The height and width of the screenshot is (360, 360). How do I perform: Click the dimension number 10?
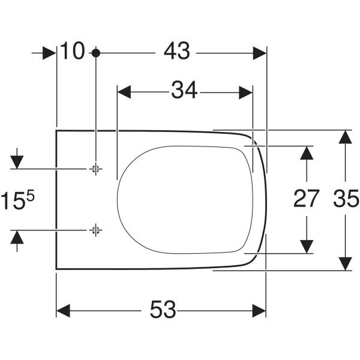pyautogui.click(x=73, y=51)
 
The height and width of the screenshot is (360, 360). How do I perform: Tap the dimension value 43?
pyautogui.click(x=177, y=51)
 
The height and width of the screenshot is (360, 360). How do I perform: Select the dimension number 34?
pyautogui.click(x=184, y=90)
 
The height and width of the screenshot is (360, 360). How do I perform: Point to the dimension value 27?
pyautogui.click(x=306, y=198)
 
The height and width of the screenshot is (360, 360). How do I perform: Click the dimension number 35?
pyautogui.click(x=346, y=198)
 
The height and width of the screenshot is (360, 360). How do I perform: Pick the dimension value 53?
pyautogui.click(x=163, y=309)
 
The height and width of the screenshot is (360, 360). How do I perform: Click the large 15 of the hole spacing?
pyautogui.click(x=13, y=201)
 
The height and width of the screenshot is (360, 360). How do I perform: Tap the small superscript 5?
pyautogui.click(x=31, y=197)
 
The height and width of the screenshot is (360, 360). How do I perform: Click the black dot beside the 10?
pyautogui.click(x=96, y=53)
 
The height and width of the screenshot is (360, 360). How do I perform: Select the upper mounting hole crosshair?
pyautogui.click(x=96, y=169)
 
